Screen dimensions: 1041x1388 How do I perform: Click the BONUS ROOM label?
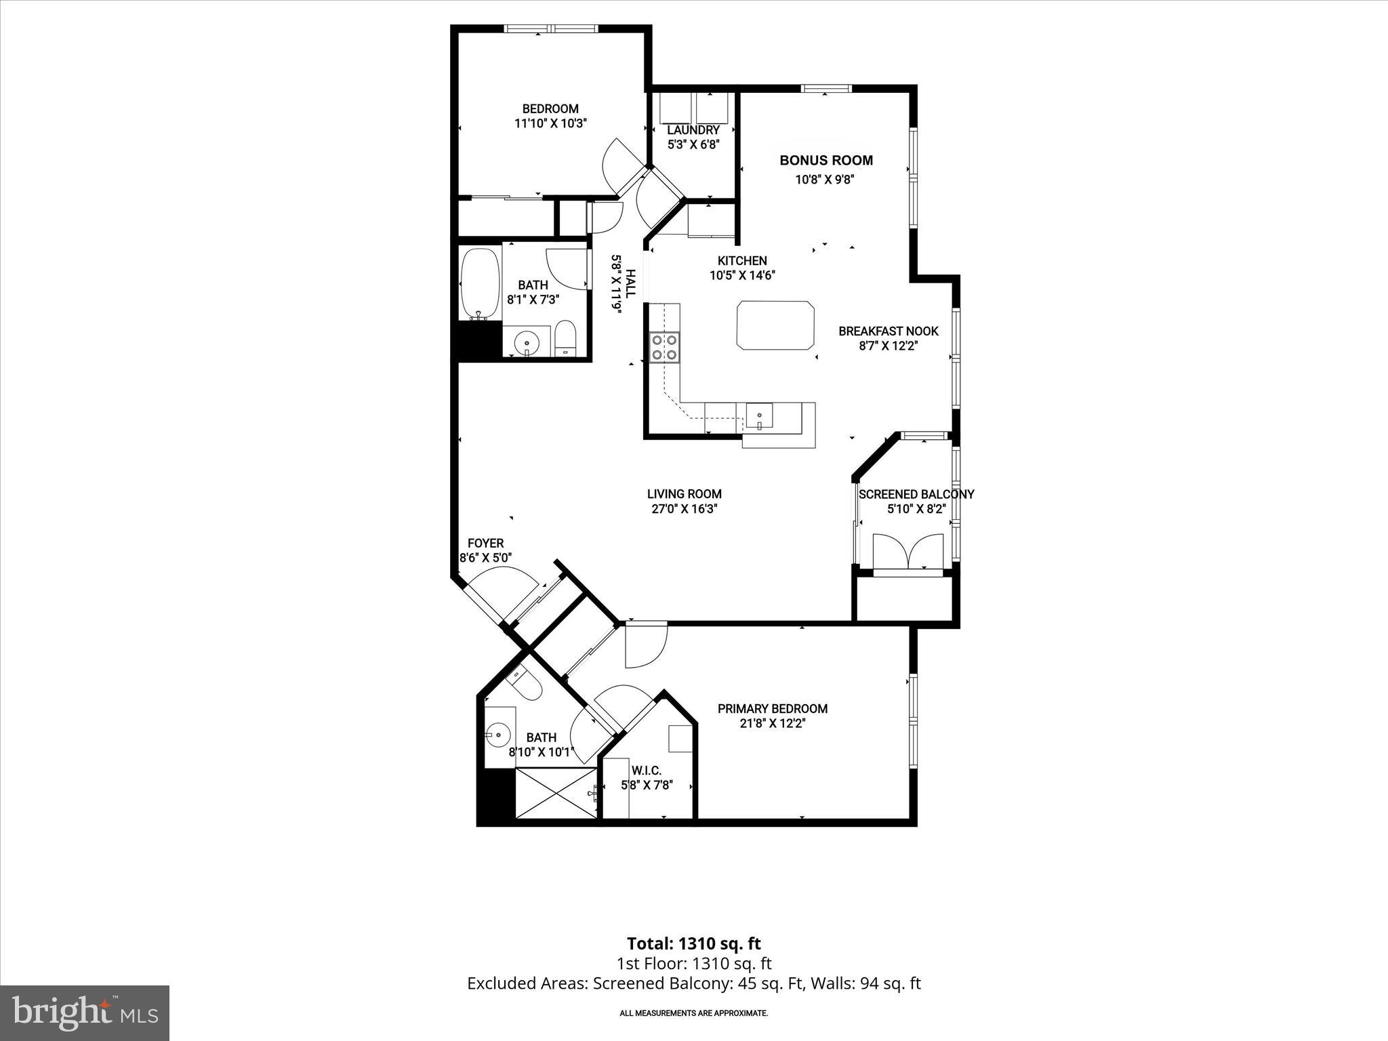pyautogui.click(x=825, y=161)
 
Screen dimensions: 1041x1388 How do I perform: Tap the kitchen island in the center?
pyautogui.click(x=776, y=325)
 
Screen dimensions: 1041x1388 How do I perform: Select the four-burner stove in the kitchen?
pyautogui.click(x=664, y=347)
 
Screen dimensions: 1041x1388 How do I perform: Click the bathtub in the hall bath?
pyautogui.click(x=480, y=285)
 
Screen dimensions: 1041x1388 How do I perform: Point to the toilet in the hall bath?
pyautogui.click(x=565, y=338)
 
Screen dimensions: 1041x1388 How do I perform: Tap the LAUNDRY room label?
pyautogui.click(x=693, y=130)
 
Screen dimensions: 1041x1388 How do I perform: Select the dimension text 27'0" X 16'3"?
pyautogui.click(x=684, y=509)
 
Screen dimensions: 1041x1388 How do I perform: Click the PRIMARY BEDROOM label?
pyautogui.click(x=772, y=709)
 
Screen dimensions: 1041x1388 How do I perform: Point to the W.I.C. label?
pyautogui.click(x=646, y=771)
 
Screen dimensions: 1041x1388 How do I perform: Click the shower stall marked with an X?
pyautogui.click(x=556, y=793)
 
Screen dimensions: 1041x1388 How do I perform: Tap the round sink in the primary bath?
pyautogui.click(x=499, y=733)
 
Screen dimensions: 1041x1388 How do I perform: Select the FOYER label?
pyautogui.click(x=485, y=544)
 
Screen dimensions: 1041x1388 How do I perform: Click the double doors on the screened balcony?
pyautogui.click(x=907, y=552)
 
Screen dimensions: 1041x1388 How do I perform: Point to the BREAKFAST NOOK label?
pyautogui.click(x=888, y=331)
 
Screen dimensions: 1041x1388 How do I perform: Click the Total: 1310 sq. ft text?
pyautogui.click(x=693, y=943)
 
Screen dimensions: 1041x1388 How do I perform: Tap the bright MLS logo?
pyautogui.click(x=85, y=1014)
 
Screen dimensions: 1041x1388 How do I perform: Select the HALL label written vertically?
pyautogui.click(x=630, y=283)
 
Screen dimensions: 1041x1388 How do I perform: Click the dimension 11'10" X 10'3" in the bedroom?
pyautogui.click(x=550, y=123)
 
